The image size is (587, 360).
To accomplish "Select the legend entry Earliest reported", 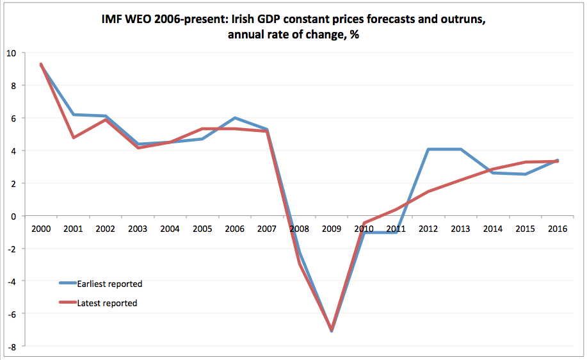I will pyautogui.click(x=109, y=283).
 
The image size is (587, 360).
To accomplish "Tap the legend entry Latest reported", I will pyautogui.click(x=107, y=303).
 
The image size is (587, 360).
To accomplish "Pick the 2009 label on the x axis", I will pyautogui.click(x=332, y=229).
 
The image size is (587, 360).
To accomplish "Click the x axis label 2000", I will pyautogui.click(x=40, y=229).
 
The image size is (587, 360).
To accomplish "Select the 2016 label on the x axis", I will pyautogui.click(x=558, y=229).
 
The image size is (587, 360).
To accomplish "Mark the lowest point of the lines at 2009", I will pyautogui.click(x=332, y=331).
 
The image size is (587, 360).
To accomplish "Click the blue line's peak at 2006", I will pyautogui.click(x=235, y=118).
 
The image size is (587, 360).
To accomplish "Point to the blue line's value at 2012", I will pyautogui.click(x=428, y=149).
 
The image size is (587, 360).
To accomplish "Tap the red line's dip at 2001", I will pyautogui.click(x=73, y=138).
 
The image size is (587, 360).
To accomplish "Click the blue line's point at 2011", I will pyautogui.click(x=396, y=233).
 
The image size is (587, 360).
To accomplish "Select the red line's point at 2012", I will pyautogui.click(x=428, y=191).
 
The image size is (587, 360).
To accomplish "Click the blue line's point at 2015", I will pyautogui.click(x=525, y=174).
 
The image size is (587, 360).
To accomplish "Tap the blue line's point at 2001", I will pyautogui.click(x=73, y=115).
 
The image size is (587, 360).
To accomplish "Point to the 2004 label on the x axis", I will pyautogui.click(x=170, y=229).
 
